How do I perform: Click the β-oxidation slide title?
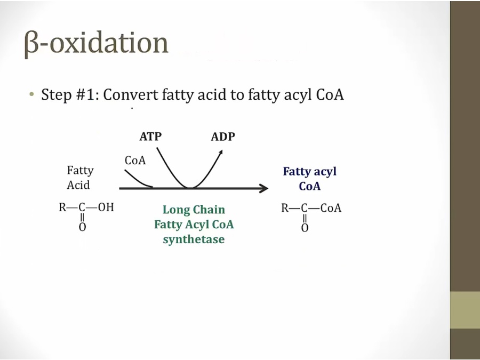tap(96, 43)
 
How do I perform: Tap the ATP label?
tap(150, 137)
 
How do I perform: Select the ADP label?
tap(223, 137)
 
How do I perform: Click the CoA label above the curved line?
tap(135, 160)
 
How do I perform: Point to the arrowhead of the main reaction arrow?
tap(264, 188)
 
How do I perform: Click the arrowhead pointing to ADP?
tap(220, 152)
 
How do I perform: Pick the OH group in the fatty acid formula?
tap(106, 207)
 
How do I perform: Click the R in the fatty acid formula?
tap(62, 207)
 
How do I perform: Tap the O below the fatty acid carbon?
tap(82, 227)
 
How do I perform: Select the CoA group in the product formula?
tap(331, 208)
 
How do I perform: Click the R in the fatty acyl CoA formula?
tap(285, 208)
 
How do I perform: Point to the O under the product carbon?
tap(305, 228)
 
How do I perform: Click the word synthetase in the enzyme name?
tap(194, 239)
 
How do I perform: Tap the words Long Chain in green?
tap(194, 210)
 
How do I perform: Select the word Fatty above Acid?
tap(80, 171)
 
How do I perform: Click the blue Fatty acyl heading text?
tap(310, 171)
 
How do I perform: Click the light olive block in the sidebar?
tap(465, 310)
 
